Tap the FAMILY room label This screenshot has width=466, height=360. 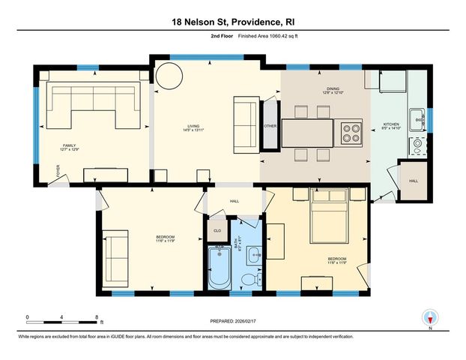pyautogui.click(x=70, y=145)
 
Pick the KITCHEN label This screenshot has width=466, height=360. pyautogui.click(x=392, y=124)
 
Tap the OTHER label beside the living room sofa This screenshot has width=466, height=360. pyautogui.click(x=270, y=126)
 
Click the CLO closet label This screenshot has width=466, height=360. pyautogui.click(x=218, y=230)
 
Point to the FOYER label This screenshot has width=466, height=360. pyautogui.click(x=54, y=177)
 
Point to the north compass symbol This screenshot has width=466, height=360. pyautogui.click(x=429, y=317)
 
